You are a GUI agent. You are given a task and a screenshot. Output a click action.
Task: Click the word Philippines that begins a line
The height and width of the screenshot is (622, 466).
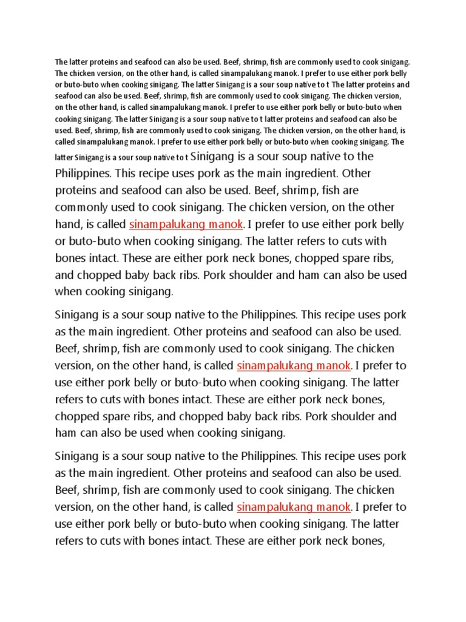pyautogui.click(x=83, y=173)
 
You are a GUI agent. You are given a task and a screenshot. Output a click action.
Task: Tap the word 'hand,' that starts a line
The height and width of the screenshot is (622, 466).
pyautogui.click(x=67, y=224)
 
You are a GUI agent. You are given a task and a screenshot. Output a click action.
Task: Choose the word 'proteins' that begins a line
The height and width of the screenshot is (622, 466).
pyautogui.click(x=74, y=190)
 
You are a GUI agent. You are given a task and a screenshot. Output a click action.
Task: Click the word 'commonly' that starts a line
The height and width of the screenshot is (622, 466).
pyautogui.click(x=80, y=207)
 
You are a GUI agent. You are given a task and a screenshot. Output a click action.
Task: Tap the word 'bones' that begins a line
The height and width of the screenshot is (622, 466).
pyautogui.click(x=69, y=258)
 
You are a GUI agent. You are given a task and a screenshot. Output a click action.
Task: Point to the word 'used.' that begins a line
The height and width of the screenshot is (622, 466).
pyautogui.click(x=63, y=131)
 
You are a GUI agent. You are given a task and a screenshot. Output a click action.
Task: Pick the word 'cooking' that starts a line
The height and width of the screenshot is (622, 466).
pyautogui.click(x=67, y=119)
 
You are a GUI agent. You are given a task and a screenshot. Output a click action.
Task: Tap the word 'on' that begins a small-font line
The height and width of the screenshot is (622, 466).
pyautogui.click(x=60, y=108)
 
